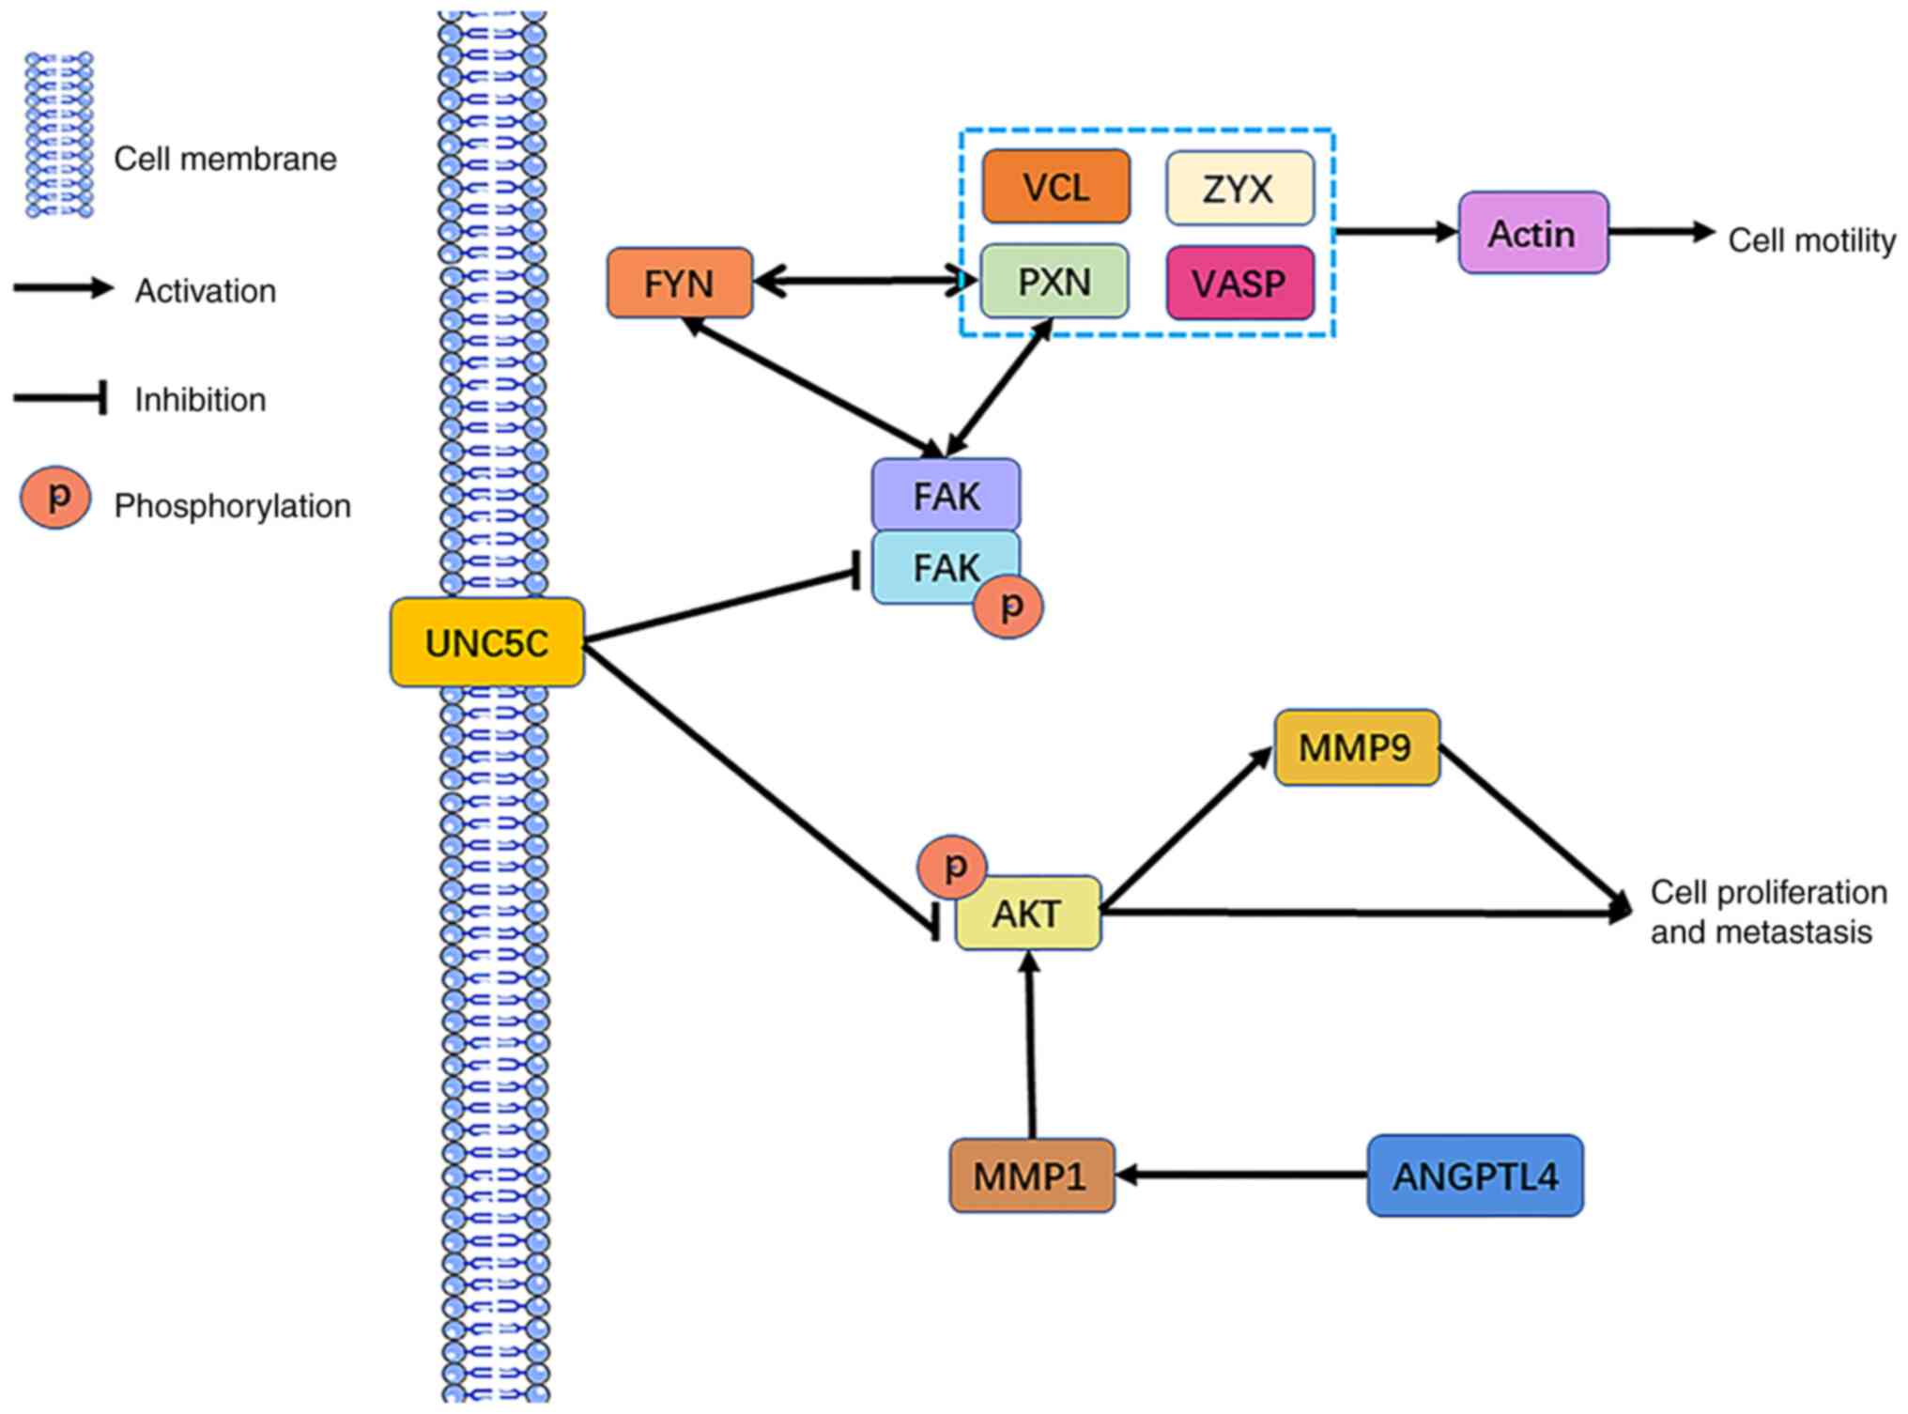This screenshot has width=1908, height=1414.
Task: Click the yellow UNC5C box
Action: (486, 643)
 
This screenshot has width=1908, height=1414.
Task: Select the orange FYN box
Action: (679, 283)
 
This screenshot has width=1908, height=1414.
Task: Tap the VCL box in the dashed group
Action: (1055, 187)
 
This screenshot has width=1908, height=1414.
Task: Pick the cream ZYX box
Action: (1239, 188)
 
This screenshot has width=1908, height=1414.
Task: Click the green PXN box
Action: (1054, 282)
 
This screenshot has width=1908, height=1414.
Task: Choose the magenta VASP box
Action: (1239, 283)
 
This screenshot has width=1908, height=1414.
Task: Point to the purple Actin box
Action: (1532, 233)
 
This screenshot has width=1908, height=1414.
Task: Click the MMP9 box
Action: (1356, 747)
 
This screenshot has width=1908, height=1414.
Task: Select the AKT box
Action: (1028, 913)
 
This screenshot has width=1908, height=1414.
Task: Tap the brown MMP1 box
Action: (1031, 1176)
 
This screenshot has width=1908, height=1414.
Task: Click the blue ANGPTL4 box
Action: (1474, 1176)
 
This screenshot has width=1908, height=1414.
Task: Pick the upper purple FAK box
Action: (946, 495)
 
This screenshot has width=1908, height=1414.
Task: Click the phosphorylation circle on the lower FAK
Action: (1008, 607)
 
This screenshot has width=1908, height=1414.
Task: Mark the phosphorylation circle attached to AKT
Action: (952, 866)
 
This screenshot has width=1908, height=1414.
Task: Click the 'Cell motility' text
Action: (1811, 240)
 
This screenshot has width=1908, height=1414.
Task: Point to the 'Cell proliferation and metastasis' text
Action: (1767, 912)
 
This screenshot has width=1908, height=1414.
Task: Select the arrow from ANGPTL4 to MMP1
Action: (1239, 1175)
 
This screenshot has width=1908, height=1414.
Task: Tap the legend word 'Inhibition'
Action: (200, 400)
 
